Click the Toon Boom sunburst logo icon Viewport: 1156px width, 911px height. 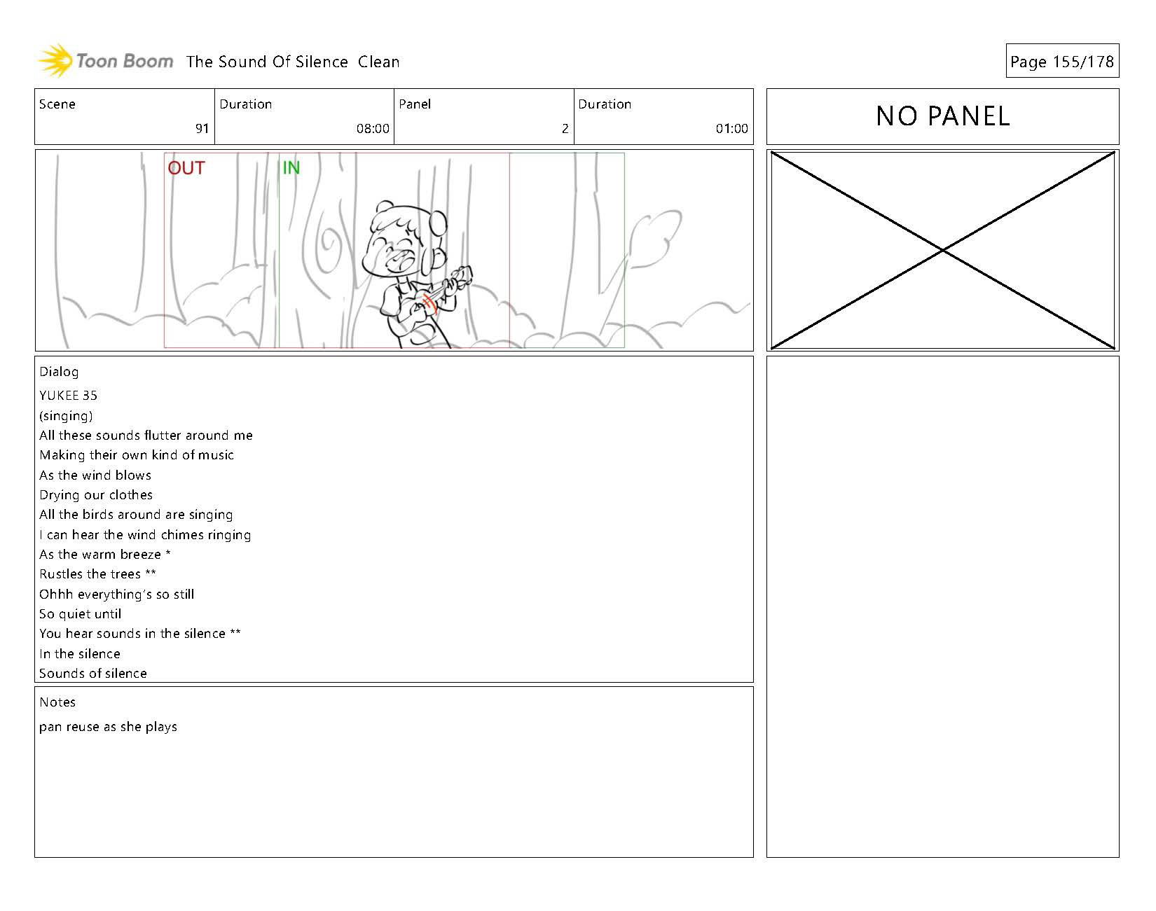tap(55, 61)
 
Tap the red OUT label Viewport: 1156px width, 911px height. tap(186, 168)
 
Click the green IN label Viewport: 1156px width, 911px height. tap(291, 168)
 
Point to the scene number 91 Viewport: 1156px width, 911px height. tap(202, 129)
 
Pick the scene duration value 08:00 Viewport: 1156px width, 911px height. tap(373, 129)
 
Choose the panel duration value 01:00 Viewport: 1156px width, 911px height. tap(731, 129)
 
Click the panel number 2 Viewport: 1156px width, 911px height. tap(565, 129)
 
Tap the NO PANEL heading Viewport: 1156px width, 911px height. tap(943, 116)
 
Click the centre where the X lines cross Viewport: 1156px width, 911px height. tap(943, 250)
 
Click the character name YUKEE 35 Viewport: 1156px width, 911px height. tap(69, 396)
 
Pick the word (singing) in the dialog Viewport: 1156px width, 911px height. tap(67, 416)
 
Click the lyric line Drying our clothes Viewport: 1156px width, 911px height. tap(96, 495)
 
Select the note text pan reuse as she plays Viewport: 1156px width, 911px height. tap(109, 727)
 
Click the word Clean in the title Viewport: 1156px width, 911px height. tap(378, 62)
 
